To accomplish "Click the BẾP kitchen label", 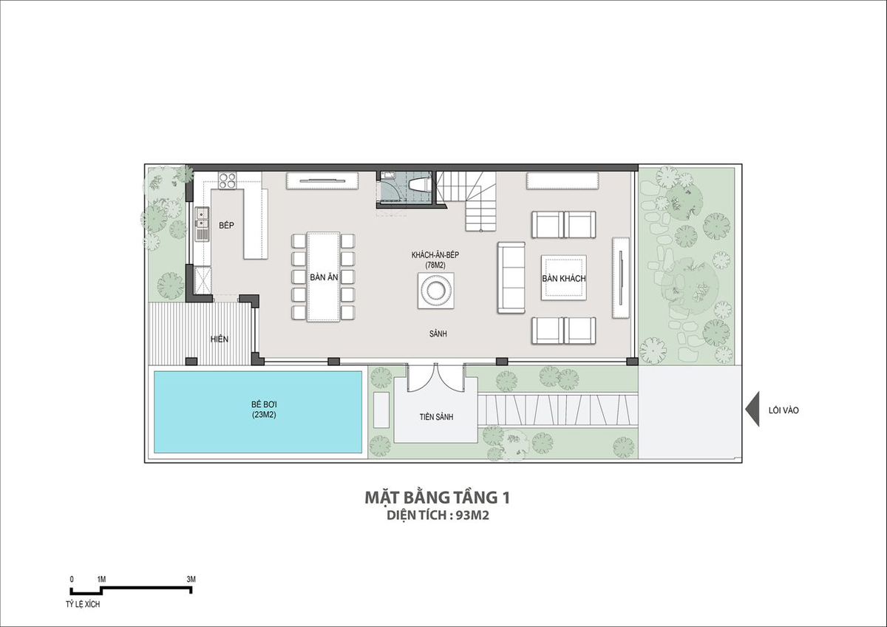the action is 226,226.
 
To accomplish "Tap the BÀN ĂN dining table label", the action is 324,277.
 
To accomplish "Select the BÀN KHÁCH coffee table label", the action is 564,279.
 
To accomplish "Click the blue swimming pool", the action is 258,412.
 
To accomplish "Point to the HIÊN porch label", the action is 220,339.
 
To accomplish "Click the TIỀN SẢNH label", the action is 436,417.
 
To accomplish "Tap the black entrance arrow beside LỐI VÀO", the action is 752,409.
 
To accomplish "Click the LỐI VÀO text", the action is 784,410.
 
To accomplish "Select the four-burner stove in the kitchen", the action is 228,180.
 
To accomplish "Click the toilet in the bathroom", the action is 419,185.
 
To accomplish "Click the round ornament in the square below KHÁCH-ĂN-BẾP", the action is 435,291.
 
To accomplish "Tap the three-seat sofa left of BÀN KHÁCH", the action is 512,278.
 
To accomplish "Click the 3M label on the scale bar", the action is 191,579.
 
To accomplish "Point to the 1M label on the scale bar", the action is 101,579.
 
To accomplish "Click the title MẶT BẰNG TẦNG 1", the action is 437,498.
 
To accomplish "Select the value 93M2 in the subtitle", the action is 472,515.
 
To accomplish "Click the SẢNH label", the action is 438,334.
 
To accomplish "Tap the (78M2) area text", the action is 435,265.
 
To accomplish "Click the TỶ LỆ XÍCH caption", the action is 83,604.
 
